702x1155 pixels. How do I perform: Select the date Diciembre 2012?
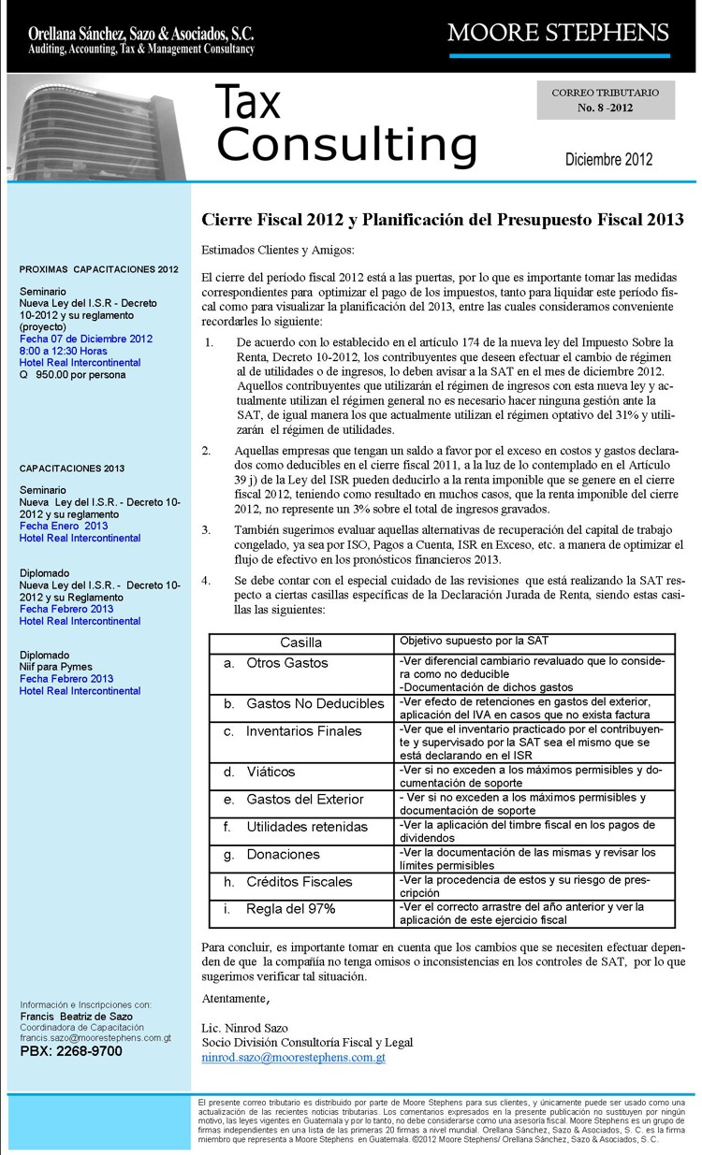click(x=608, y=159)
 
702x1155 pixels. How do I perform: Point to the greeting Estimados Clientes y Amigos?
click(x=279, y=251)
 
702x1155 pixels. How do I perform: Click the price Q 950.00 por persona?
click(x=73, y=374)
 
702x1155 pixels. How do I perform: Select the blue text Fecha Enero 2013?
click(x=64, y=526)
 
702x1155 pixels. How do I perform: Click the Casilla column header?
click(x=300, y=642)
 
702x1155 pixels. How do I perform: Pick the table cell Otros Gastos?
click(x=286, y=662)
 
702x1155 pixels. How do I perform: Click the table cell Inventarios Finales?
click(x=303, y=730)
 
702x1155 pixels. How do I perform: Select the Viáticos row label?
click(x=271, y=772)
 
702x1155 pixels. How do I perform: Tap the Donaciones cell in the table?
click(x=283, y=854)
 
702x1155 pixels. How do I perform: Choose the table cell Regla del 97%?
click(x=290, y=908)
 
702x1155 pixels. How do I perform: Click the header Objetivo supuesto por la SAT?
click(x=474, y=641)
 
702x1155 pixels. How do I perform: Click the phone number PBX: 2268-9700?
click(x=71, y=1051)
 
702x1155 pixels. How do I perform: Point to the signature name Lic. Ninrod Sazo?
click(x=246, y=1028)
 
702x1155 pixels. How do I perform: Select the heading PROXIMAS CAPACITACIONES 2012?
click(x=98, y=269)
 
